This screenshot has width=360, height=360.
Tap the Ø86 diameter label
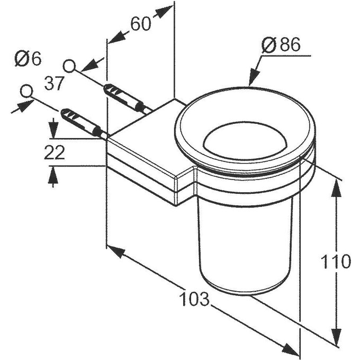(281, 46)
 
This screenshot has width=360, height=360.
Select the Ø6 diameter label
(28, 59)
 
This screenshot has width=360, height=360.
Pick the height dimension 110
(336, 261)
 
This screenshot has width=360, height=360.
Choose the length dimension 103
(194, 300)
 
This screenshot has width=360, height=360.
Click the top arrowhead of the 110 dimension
(336, 185)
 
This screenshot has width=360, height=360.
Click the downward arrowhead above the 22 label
(53, 130)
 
